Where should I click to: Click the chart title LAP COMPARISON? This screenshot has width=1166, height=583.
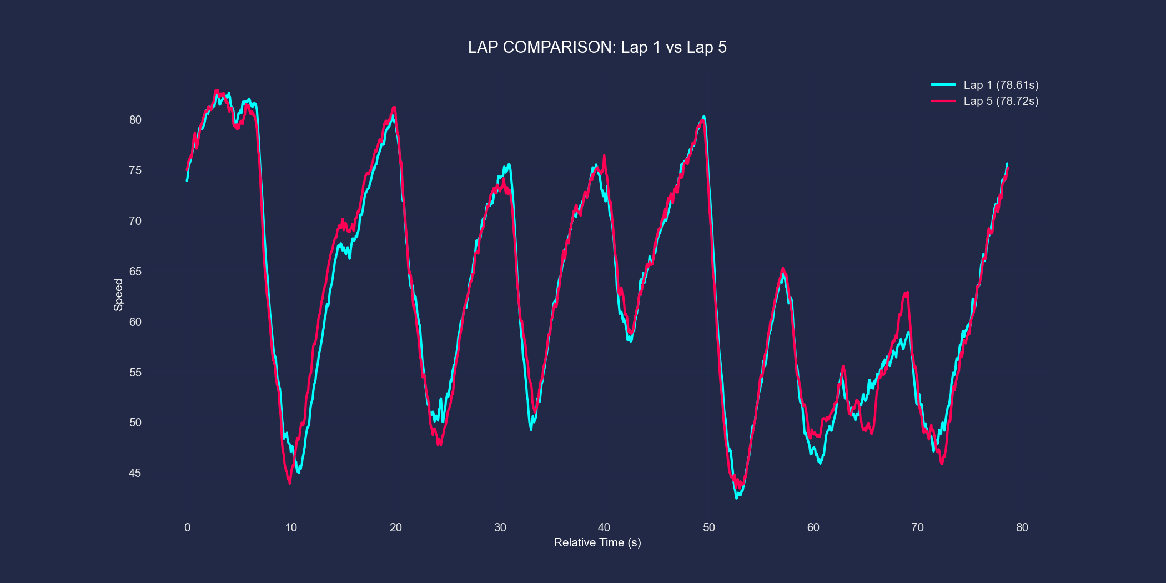597,47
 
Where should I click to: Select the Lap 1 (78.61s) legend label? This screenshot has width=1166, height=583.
1001,85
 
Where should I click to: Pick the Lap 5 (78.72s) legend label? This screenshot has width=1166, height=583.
1001,101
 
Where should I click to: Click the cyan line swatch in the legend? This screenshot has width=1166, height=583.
943,85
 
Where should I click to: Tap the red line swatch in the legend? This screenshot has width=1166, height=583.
943,101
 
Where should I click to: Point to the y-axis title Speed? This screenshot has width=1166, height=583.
118,295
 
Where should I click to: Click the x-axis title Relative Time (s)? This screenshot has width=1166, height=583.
597,542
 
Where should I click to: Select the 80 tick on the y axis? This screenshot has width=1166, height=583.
135,120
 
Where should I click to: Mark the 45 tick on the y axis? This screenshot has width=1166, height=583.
135,473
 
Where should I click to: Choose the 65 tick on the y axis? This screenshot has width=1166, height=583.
135,272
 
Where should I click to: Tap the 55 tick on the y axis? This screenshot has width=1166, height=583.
135,373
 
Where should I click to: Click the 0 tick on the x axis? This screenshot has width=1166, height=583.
187,527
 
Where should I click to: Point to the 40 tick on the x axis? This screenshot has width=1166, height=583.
604,527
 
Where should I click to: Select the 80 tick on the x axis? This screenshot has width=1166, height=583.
1022,527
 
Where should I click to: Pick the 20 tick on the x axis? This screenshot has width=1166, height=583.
396,527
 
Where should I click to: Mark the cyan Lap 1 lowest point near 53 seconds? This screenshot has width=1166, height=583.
737,497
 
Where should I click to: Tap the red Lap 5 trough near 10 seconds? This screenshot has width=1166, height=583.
290,483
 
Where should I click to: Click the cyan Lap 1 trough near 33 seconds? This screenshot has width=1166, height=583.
531,429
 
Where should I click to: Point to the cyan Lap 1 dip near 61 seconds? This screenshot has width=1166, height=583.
820,463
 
